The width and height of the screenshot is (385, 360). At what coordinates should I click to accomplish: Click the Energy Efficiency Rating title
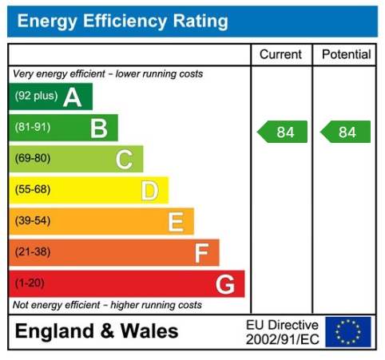click(x=122, y=22)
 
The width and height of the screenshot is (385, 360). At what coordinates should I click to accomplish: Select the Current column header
click(x=281, y=55)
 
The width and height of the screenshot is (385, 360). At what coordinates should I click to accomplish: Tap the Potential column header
click(x=346, y=55)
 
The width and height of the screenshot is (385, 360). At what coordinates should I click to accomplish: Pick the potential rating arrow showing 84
click(x=345, y=133)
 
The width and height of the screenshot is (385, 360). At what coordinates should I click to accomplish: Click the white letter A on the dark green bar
click(x=72, y=97)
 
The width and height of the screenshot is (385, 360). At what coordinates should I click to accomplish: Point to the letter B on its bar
click(x=98, y=129)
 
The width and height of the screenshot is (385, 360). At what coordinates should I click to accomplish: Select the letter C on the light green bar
click(x=124, y=160)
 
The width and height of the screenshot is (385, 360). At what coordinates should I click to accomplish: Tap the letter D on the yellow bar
click(x=149, y=191)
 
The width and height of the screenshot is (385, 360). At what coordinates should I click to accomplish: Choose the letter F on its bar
click(x=201, y=253)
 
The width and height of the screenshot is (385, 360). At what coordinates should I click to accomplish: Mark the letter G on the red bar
click(x=225, y=284)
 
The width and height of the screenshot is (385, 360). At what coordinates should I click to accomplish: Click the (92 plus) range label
click(x=36, y=97)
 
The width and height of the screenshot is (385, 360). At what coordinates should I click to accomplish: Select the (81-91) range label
click(x=32, y=128)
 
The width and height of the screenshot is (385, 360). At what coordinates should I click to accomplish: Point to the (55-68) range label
click(x=32, y=190)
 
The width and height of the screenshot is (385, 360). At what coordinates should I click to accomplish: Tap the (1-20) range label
click(x=30, y=283)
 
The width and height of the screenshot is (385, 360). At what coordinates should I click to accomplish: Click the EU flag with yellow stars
click(x=348, y=332)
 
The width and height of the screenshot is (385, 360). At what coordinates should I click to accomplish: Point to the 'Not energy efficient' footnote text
click(x=107, y=305)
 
